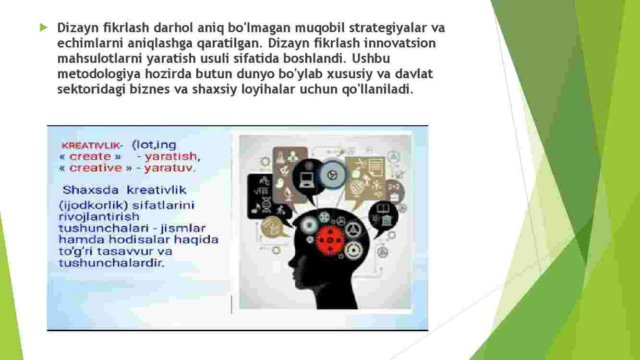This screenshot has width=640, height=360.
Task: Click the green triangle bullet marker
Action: [x=43, y=28]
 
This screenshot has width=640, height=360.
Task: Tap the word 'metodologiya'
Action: [x=99, y=74]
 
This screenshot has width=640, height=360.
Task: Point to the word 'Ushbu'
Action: [x=371, y=59]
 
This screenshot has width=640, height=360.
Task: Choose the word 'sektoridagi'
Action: [x=91, y=89]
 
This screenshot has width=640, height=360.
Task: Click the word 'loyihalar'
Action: [x=268, y=89]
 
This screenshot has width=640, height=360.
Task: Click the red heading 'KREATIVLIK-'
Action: [x=92, y=146]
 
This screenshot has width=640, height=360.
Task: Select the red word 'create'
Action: [x=90, y=156]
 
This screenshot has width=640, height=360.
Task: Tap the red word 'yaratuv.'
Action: [x=170, y=168]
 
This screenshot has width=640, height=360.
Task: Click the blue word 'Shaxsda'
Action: [x=90, y=190]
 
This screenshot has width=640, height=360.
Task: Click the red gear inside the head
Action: [x=330, y=240]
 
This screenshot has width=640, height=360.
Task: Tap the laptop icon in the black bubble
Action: [x=307, y=180]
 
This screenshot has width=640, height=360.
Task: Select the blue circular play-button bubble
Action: [x=332, y=175]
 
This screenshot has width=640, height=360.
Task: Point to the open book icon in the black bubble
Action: [x=383, y=208]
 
